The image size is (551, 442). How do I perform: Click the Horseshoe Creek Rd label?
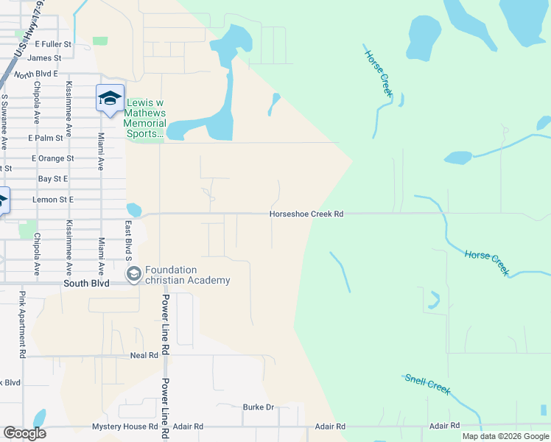[x=306, y=214]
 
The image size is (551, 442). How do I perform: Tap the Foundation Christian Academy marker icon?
[x=133, y=275]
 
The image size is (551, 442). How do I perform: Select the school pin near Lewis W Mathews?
[x=110, y=98]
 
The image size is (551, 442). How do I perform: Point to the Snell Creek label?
[x=427, y=385]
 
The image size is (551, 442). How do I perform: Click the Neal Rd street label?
[x=144, y=355]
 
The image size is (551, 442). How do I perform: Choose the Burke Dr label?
[x=258, y=407]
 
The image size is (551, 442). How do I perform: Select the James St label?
[x=46, y=57]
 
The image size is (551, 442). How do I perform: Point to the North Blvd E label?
[x=35, y=74]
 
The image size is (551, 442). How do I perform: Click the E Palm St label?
[x=46, y=138]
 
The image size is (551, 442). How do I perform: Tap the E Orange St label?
[x=52, y=158]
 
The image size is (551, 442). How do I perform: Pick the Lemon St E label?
[x=52, y=200]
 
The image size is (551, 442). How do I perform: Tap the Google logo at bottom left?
[x=24, y=433]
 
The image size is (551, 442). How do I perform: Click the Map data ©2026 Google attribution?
[x=505, y=436]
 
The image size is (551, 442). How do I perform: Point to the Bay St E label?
[x=52, y=179]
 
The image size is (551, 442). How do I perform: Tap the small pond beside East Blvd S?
[x=133, y=210]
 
